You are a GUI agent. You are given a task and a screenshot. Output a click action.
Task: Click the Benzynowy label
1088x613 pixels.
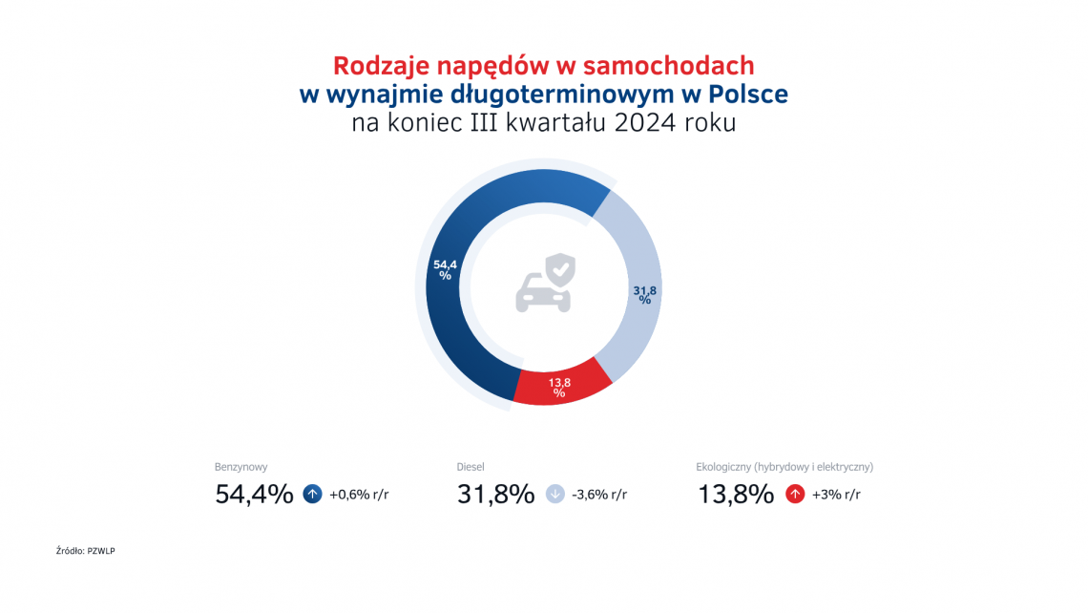241,467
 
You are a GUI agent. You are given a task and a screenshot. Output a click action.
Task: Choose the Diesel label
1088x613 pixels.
471,467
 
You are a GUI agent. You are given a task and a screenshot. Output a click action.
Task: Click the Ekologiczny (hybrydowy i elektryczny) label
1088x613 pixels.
785,467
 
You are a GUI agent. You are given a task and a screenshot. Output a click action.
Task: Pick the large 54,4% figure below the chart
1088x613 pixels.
254,495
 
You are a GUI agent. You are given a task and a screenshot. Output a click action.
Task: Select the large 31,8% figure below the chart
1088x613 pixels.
495,495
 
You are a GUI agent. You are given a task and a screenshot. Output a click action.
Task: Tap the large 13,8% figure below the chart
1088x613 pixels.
735,495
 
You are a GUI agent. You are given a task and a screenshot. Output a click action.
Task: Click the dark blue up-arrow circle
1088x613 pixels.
312,495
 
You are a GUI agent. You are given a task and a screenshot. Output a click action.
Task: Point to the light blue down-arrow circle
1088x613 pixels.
555,495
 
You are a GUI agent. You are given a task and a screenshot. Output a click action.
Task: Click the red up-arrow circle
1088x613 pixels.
794,495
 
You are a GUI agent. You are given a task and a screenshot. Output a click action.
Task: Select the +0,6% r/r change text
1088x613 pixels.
359,495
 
